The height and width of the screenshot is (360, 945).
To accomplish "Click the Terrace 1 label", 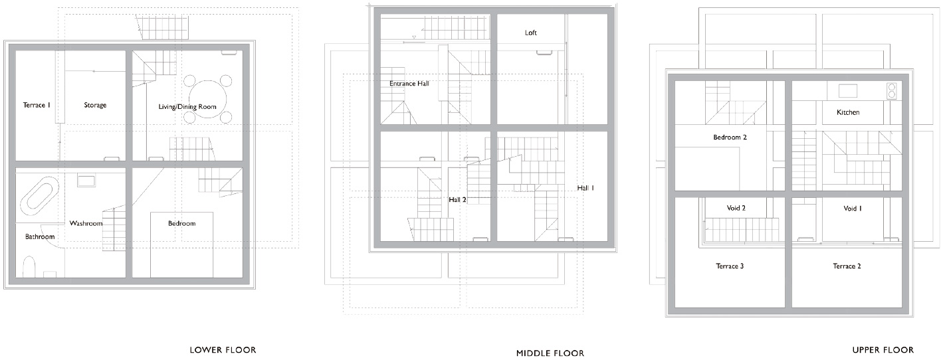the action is (37, 105).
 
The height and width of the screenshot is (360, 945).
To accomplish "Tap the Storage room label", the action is (95, 105).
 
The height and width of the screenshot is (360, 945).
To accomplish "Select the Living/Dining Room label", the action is (187, 107).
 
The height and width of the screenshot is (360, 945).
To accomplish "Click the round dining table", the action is (207, 100).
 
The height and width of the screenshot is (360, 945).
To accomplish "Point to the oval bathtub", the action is (40, 199).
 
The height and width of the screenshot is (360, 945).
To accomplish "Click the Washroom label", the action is (86, 223).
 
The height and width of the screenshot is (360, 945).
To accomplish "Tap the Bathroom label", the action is (40, 236).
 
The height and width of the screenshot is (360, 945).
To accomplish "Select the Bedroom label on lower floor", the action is (182, 223).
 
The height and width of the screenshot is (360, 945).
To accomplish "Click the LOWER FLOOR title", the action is (223, 350).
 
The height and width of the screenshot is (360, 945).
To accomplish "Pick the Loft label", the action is (531, 33).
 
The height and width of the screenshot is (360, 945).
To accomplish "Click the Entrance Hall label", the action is (409, 84).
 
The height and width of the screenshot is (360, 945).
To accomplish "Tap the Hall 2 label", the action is (457, 199).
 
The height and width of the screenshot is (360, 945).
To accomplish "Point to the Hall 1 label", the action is (585, 187).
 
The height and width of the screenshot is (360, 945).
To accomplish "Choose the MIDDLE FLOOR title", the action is (550, 353).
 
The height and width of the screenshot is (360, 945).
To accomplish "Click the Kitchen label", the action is (848, 112).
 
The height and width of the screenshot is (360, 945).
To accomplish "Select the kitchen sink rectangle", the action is (847, 90).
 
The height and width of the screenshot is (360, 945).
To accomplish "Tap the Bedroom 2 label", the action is (730, 137).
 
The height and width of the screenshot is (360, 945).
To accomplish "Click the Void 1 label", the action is (853, 209).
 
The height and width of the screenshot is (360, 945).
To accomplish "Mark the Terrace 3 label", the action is (730, 266).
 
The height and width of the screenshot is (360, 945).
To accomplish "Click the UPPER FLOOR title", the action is (883, 350).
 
